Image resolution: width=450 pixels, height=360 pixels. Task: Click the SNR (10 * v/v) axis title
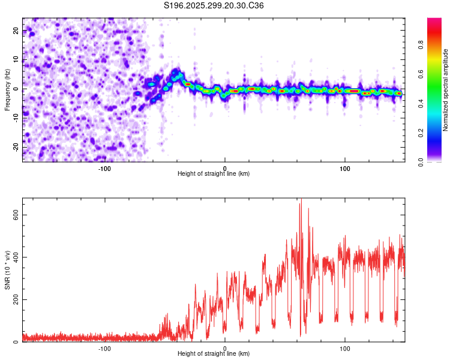pyautogui.click(x=7, y=270)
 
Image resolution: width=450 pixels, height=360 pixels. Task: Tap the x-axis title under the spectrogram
pyautogui.click(x=214, y=173)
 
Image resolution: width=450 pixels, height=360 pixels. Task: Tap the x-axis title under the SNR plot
pyautogui.click(x=214, y=354)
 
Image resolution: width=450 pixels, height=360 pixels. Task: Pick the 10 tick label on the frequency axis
pyautogui.click(x=16, y=60)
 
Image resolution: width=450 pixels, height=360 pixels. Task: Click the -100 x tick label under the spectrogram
pyautogui.click(x=104, y=167)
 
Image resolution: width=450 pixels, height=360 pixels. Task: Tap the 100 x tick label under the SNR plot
pyautogui.click(x=345, y=348)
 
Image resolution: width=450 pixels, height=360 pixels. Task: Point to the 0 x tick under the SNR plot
pyautogui.click(x=225, y=348)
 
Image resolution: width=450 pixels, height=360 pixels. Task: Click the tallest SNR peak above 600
pyautogui.click(x=301, y=199)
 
